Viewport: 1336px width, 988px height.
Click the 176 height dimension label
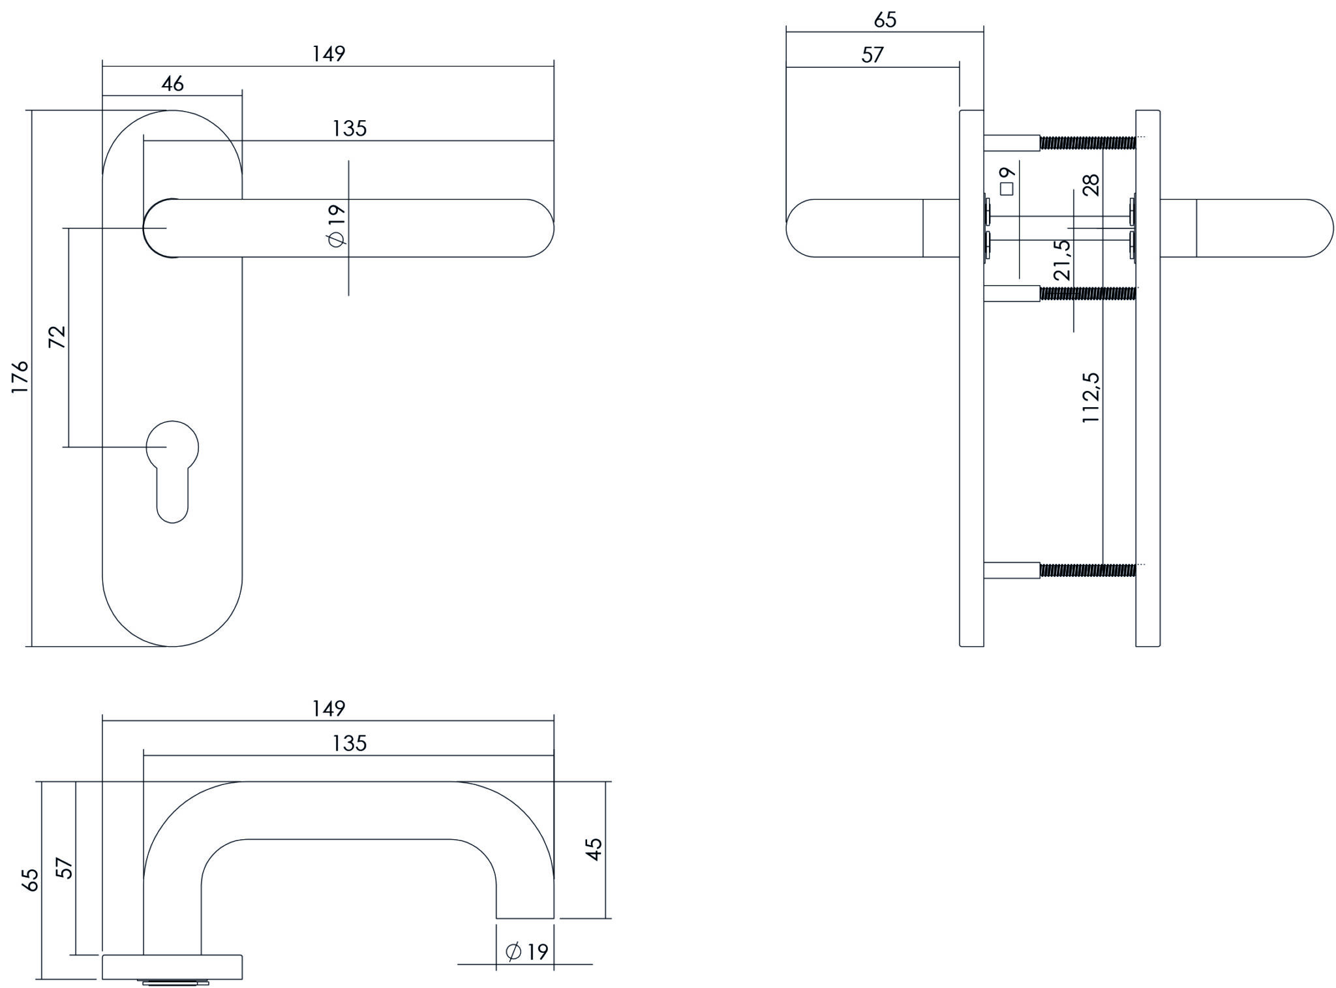(x=20, y=377)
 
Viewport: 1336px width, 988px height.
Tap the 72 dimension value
(x=57, y=337)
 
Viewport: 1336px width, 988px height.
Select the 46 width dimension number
(x=173, y=84)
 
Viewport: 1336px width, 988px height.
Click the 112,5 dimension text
(x=1090, y=397)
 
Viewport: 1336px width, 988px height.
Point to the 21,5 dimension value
(x=1062, y=260)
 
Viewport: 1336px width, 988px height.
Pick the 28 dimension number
(x=1091, y=185)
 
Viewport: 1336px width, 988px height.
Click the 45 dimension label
(x=594, y=849)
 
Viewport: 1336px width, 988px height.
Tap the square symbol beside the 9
(x=1007, y=189)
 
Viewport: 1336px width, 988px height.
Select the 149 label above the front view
(x=328, y=54)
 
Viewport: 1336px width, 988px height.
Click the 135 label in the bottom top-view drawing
(x=350, y=743)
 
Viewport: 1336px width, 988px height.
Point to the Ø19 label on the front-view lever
(x=337, y=226)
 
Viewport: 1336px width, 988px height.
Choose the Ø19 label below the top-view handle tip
(x=527, y=952)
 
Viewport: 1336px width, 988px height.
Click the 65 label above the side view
(x=885, y=20)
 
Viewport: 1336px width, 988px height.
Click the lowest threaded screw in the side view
(x=1087, y=570)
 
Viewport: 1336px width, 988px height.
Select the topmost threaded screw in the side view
(x=1087, y=142)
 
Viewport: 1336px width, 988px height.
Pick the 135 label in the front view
(x=350, y=129)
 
